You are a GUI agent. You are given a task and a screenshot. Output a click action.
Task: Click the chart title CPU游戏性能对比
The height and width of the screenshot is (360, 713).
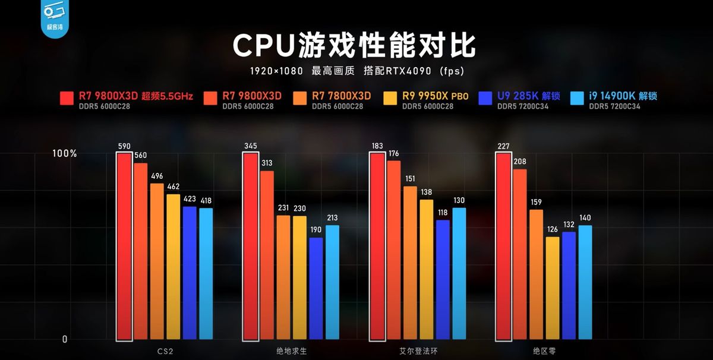click(x=354, y=45)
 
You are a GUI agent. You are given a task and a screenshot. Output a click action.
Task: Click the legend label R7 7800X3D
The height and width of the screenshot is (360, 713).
click(x=341, y=96)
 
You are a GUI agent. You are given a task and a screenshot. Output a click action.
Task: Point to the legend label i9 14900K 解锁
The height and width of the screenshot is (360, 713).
click(x=623, y=96)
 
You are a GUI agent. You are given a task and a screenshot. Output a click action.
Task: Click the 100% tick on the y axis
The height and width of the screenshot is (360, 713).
click(x=65, y=153)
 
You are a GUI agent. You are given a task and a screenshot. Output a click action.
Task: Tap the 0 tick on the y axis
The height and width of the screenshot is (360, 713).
click(x=65, y=339)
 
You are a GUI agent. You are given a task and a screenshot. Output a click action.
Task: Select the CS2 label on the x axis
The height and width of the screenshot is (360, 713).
click(x=156, y=351)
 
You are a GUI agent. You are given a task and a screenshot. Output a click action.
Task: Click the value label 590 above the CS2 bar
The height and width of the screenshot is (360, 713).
click(x=124, y=146)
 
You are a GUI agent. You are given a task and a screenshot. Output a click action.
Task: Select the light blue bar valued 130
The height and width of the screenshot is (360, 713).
click(x=459, y=274)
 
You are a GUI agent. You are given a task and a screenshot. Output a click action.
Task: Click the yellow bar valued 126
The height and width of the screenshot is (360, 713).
click(x=553, y=289)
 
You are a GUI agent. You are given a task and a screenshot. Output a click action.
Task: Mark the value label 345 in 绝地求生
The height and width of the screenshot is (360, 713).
click(x=251, y=146)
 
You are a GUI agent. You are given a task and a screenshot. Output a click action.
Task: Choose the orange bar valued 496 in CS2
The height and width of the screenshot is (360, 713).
click(x=157, y=262)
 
